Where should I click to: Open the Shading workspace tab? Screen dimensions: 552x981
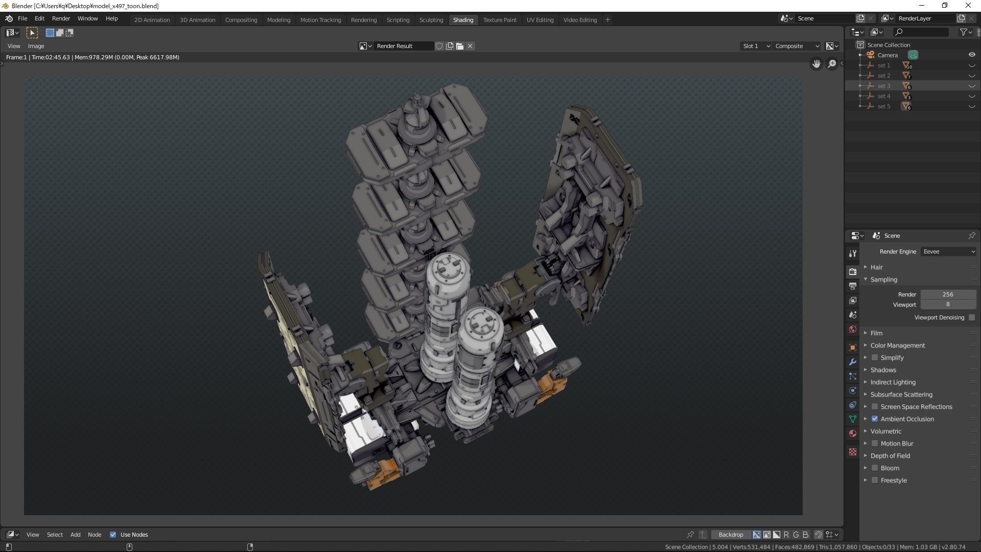click(463, 20)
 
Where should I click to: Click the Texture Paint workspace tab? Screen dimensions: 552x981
click(499, 20)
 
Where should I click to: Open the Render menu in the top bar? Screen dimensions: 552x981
click(61, 18)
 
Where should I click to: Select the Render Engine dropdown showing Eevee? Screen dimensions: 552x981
click(948, 251)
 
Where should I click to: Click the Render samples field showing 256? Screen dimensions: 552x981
click(948, 294)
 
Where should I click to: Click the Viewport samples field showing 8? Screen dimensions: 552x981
click(948, 305)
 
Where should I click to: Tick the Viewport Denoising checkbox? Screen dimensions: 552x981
click(972, 317)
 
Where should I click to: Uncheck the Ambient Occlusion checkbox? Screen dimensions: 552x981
click(875, 419)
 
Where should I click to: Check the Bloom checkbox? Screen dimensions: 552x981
click(875, 468)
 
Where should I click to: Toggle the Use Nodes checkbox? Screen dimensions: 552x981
click(113, 535)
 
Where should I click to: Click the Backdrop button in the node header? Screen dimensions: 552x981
click(731, 535)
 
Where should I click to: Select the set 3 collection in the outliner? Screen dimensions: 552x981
click(884, 86)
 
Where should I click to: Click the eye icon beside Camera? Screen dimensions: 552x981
click(972, 55)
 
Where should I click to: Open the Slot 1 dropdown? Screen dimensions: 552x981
click(755, 46)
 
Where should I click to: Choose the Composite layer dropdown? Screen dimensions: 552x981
click(797, 46)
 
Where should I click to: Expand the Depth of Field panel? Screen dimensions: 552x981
click(890, 456)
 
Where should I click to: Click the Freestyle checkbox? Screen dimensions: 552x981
click(875, 480)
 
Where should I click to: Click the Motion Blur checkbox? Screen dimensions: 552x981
click(875, 444)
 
